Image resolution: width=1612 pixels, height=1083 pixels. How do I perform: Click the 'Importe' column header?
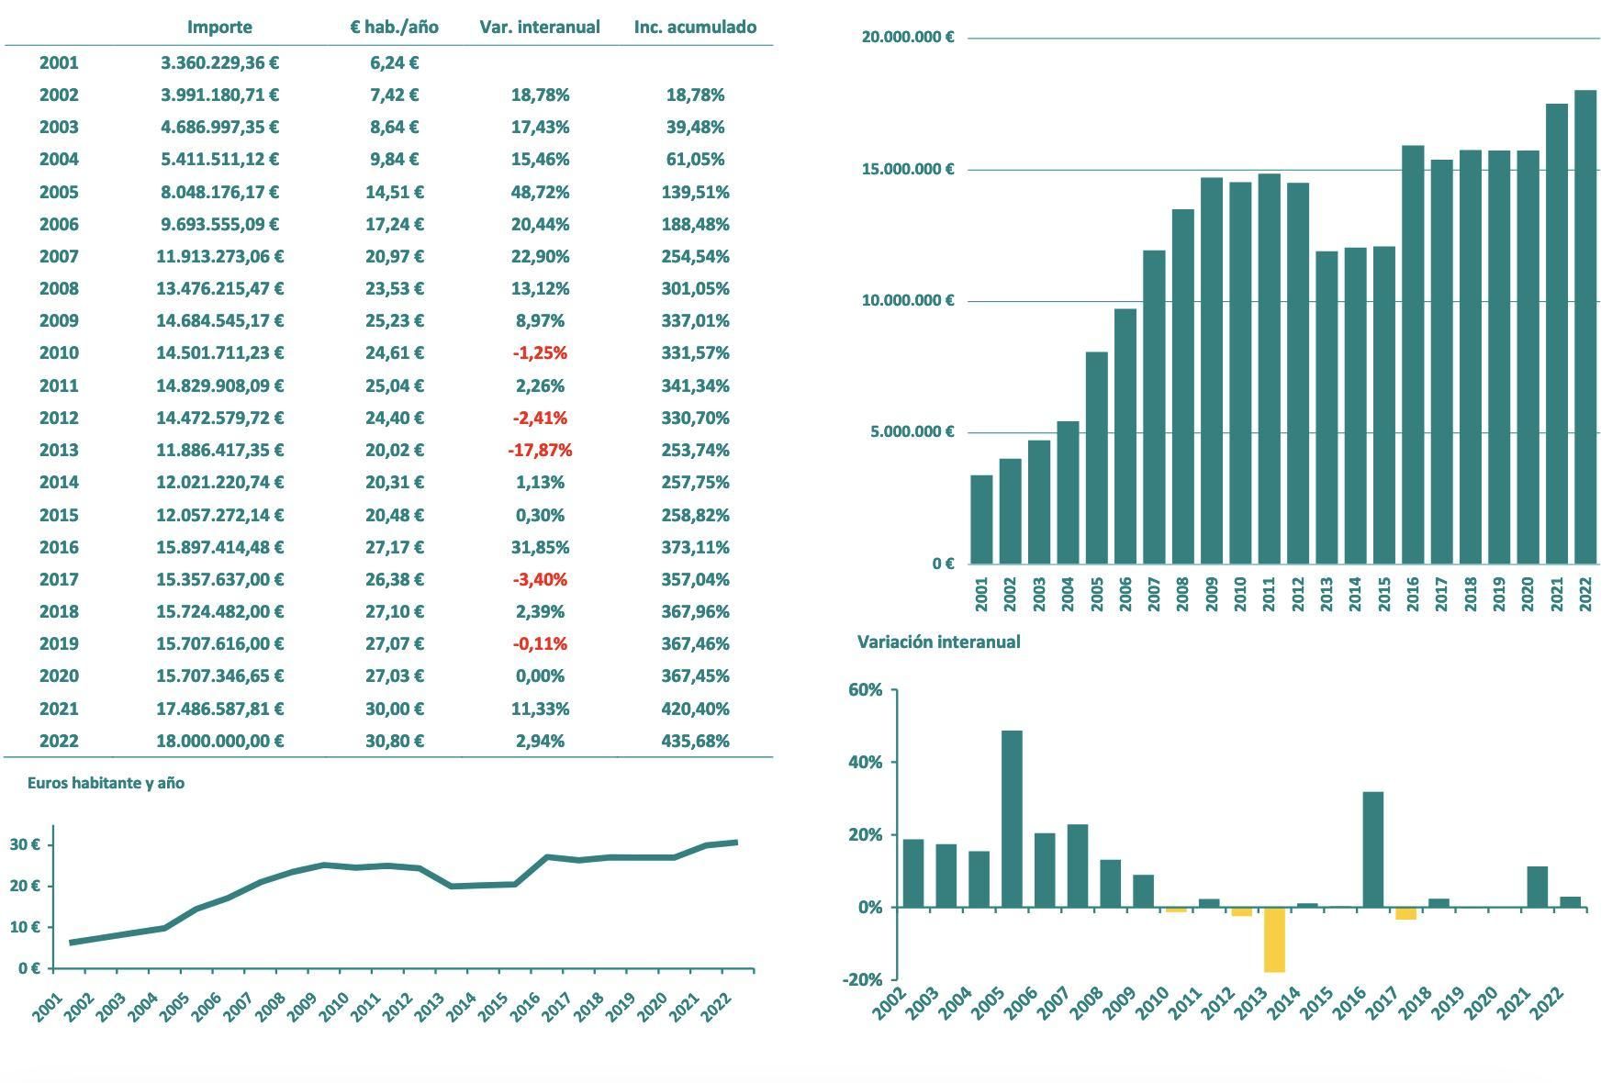(x=219, y=27)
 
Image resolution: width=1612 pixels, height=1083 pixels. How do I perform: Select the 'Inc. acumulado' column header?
(x=695, y=27)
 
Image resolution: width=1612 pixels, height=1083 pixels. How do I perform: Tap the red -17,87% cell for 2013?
(x=540, y=450)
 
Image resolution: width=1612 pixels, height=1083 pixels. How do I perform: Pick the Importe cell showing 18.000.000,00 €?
(x=219, y=741)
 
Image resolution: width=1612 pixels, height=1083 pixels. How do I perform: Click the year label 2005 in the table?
(x=59, y=192)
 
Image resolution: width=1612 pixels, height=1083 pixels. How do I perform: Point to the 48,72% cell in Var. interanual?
(x=540, y=192)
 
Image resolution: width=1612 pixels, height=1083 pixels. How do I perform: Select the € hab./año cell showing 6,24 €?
(x=394, y=62)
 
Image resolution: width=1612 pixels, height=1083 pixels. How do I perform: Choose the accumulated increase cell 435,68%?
(x=695, y=741)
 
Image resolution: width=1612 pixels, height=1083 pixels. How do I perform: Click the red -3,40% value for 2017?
(x=540, y=579)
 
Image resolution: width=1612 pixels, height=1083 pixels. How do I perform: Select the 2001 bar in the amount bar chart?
(x=981, y=519)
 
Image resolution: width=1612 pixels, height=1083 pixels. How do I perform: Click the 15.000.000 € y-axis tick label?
(x=907, y=169)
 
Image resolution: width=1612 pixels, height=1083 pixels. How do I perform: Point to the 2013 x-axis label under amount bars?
(x=1327, y=594)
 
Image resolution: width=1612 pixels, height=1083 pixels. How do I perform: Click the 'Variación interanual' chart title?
(x=938, y=642)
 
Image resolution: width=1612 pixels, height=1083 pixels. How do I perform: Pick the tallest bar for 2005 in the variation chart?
(x=1012, y=819)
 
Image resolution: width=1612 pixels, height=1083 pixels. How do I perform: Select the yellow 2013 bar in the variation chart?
(x=1274, y=939)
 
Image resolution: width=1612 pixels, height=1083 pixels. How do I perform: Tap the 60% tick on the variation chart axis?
(x=866, y=689)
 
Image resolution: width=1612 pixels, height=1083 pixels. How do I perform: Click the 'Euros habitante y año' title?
(x=106, y=783)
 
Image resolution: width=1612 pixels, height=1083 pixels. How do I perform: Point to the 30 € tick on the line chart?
(x=25, y=844)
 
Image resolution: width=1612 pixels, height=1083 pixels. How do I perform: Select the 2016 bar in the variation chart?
(x=1372, y=849)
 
